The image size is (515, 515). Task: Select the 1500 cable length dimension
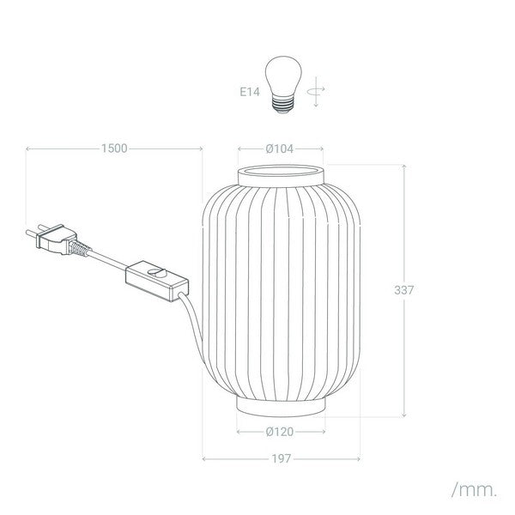click(113, 148)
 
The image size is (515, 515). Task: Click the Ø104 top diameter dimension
click(280, 148)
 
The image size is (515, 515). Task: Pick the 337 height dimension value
click(404, 290)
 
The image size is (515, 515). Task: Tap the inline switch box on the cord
click(155, 278)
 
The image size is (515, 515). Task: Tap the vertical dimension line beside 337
click(404, 223)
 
